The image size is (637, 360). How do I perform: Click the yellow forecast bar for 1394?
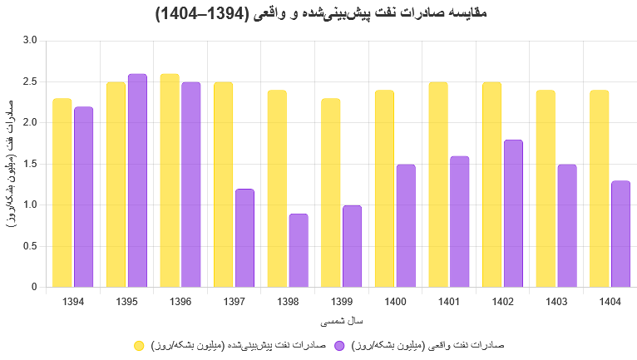click(62, 193)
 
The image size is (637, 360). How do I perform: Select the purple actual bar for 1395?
click(137, 180)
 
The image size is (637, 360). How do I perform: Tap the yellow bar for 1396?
click(170, 180)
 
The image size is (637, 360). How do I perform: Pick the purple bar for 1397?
click(244, 238)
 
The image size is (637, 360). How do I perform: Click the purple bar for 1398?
click(299, 250)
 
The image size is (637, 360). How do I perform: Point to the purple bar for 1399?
click(352, 246)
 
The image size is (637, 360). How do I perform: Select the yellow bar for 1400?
click(384, 189)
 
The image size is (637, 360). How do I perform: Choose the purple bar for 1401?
click(459, 221)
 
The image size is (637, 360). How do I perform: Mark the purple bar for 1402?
click(513, 214)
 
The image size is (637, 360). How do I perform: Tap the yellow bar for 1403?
click(546, 189)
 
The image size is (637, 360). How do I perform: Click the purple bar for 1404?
click(620, 234)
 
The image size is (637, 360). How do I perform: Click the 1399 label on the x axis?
click(341, 301)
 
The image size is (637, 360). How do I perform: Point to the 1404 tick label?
click(610, 301)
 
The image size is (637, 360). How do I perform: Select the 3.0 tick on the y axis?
click(30, 41)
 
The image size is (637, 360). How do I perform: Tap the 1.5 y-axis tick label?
click(30, 164)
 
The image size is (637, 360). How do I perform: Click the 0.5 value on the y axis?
click(30, 246)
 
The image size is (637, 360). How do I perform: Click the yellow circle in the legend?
click(139, 345)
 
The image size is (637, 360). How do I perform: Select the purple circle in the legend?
click(339, 345)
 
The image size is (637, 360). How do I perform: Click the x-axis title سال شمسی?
click(341, 320)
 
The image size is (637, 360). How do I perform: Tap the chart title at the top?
click(318, 14)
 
